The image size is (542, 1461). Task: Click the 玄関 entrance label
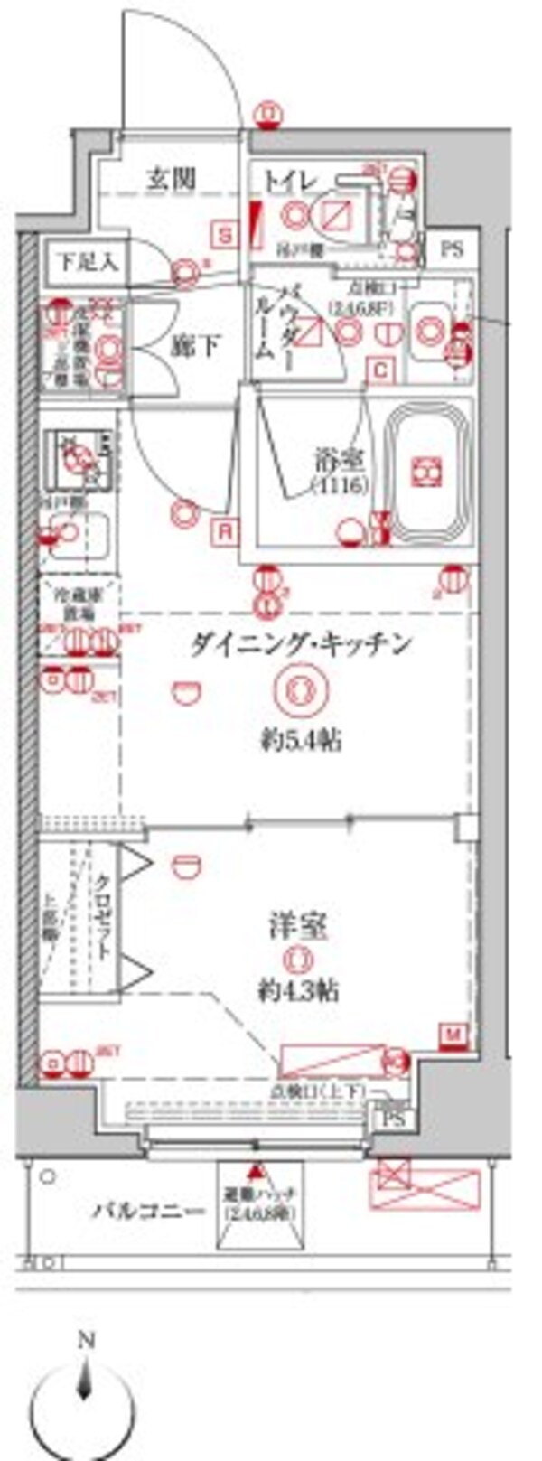coord(171,179)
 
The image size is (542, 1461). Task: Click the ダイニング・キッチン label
coord(302,644)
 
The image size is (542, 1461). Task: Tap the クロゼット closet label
coord(103,915)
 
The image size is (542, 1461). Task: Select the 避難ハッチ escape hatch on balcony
coord(256,1202)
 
